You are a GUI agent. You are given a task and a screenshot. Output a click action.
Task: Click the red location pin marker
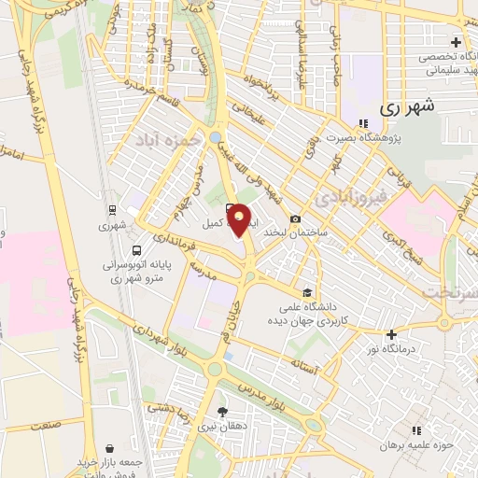241,219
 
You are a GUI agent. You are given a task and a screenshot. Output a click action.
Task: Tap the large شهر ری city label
408,107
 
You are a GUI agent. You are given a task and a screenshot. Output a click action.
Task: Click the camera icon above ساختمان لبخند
296,218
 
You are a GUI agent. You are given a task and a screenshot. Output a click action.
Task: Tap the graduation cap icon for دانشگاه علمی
309,291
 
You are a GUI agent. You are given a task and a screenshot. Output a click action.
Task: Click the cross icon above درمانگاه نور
391,334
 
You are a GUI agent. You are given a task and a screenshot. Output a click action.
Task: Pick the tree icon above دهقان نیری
222,411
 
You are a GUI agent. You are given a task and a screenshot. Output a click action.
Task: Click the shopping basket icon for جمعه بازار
111,448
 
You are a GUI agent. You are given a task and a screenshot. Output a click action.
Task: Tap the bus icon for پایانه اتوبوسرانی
137,250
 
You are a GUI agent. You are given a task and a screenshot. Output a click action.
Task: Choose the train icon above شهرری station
112,210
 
